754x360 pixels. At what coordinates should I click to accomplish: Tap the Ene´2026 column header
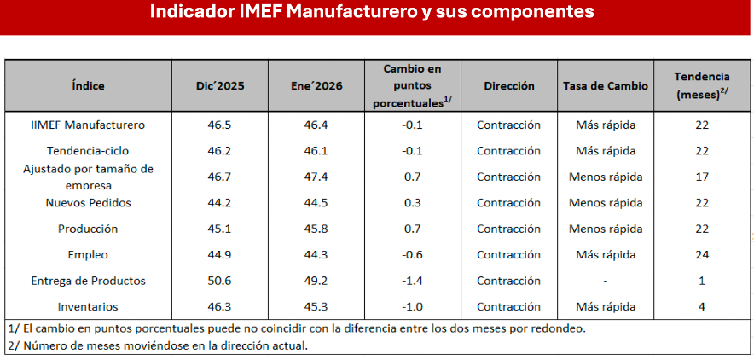point(316,86)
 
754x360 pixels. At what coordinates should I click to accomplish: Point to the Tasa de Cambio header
point(606,86)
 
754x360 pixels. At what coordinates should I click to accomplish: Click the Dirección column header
point(509,86)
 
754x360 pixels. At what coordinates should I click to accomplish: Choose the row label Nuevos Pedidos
point(88,203)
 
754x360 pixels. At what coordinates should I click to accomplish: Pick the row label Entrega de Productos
point(88,281)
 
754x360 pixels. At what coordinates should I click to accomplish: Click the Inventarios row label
point(88,306)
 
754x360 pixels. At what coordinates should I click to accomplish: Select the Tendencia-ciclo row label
point(88,151)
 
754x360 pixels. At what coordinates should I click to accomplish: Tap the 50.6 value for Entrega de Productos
point(220,281)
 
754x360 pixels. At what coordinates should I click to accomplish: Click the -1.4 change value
point(411,281)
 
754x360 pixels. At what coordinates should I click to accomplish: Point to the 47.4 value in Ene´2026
point(316,177)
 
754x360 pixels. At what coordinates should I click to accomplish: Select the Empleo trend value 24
point(701,254)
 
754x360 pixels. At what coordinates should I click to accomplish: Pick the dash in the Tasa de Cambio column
point(606,281)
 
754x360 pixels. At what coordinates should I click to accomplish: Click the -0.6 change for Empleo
point(411,254)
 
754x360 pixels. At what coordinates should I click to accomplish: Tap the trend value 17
point(701,177)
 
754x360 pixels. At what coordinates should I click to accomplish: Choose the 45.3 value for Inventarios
point(316,306)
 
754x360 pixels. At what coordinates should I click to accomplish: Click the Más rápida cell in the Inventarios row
point(606,306)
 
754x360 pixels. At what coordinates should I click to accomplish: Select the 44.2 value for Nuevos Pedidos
point(220,203)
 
